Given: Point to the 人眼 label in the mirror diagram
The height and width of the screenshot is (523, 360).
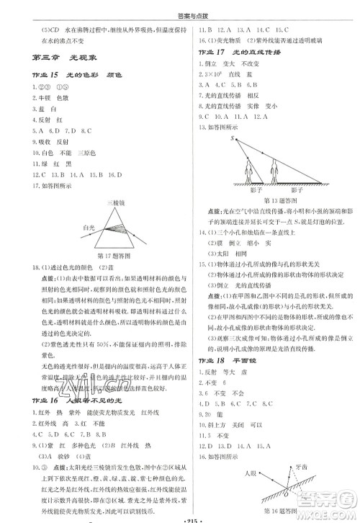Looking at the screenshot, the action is click(251, 473).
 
